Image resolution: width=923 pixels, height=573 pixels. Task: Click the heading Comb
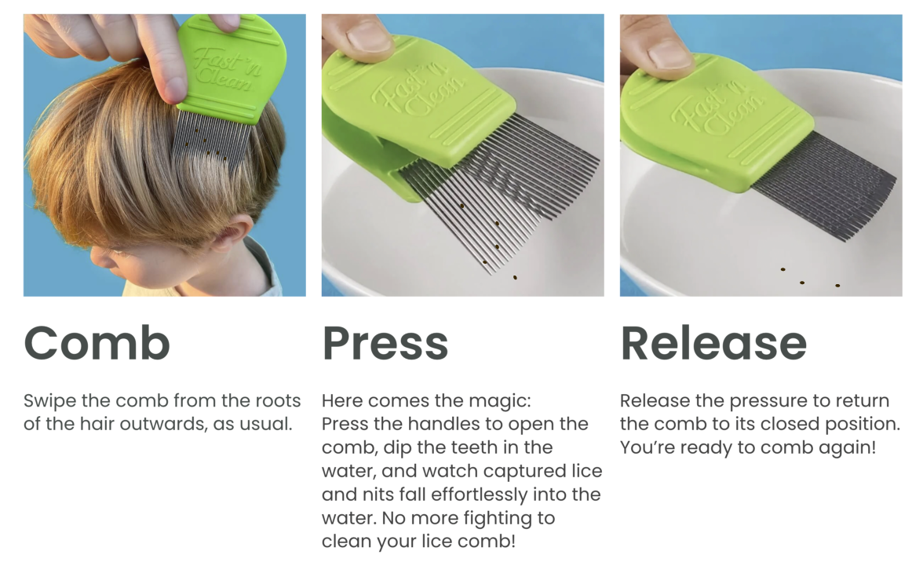pyautogui.click(x=97, y=343)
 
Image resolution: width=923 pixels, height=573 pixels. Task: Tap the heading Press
pyautogui.click(x=385, y=343)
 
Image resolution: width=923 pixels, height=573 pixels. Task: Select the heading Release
pyautogui.click(x=713, y=343)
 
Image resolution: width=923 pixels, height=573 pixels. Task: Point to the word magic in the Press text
pyautogui.click(x=502, y=402)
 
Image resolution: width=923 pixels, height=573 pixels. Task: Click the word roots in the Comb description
pyautogui.click(x=278, y=401)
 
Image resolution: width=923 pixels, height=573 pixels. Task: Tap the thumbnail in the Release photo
pyautogui.click(x=668, y=55)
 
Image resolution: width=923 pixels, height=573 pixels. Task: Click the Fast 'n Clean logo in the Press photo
pyautogui.click(x=418, y=90)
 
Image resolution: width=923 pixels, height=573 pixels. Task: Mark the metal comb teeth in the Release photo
pyautogui.click(x=824, y=185)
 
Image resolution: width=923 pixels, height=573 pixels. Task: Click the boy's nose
pyautogui.click(x=97, y=259)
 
